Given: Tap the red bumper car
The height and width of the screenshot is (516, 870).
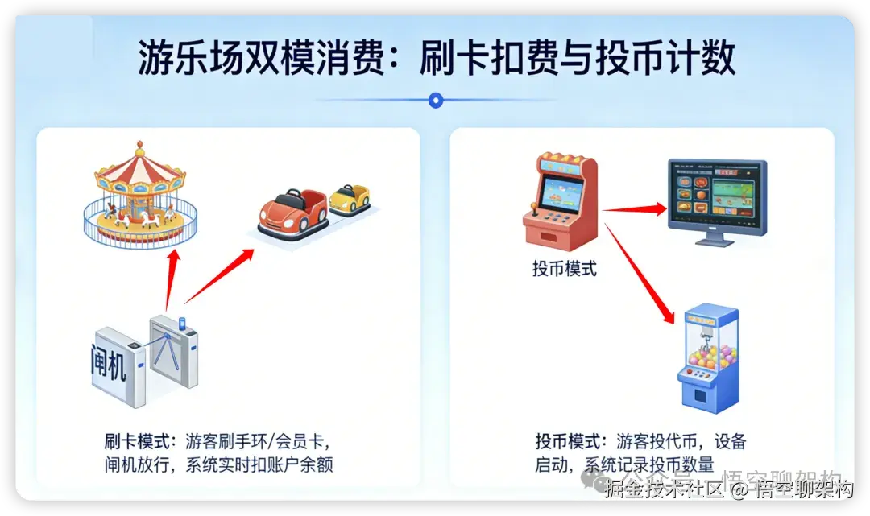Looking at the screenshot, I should pyautogui.click(x=292, y=211).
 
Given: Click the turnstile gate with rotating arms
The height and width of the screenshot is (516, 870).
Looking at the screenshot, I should pyautogui.click(x=172, y=354).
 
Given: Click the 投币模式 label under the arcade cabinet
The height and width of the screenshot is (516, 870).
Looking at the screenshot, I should pyautogui.click(x=565, y=269).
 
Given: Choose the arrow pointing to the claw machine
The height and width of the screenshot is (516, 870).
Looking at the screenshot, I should pyautogui.click(x=640, y=274).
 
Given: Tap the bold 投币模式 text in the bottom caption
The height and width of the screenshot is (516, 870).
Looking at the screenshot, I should pyautogui.click(x=568, y=441).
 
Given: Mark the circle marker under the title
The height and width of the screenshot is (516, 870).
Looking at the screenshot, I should pyautogui.click(x=436, y=100).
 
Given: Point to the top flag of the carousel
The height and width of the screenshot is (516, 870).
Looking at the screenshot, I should pyautogui.click(x=140, y=147).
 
